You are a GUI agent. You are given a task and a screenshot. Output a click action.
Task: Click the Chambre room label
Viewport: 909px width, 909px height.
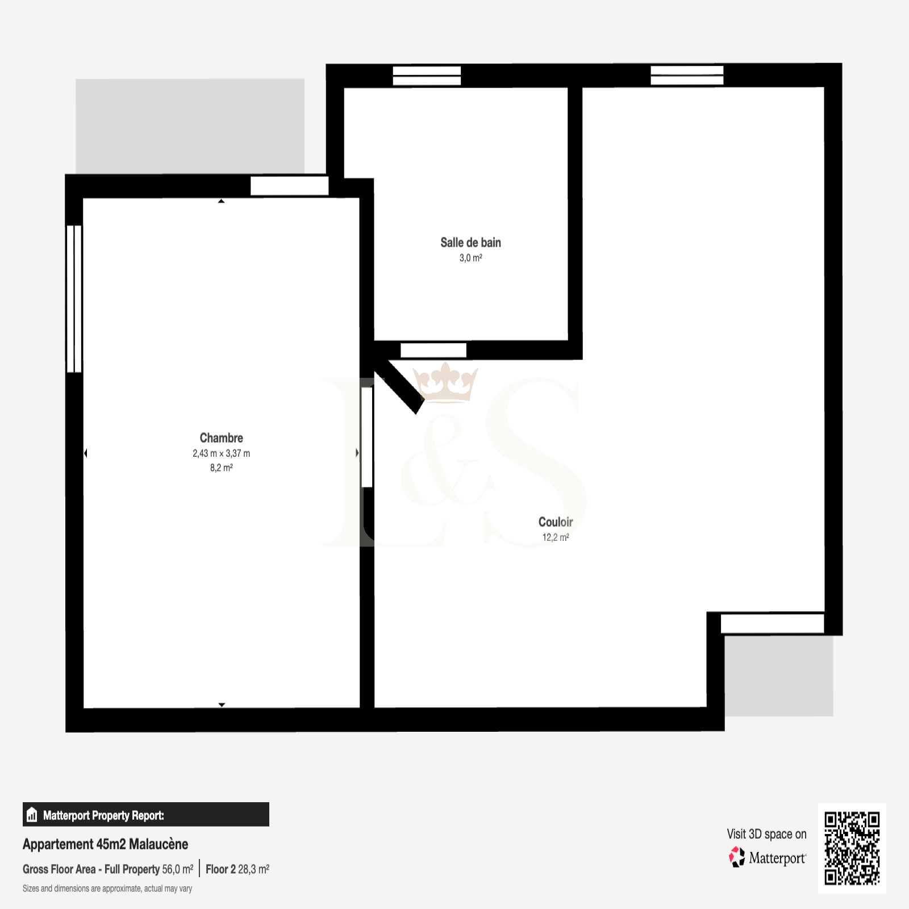tap(221, 438)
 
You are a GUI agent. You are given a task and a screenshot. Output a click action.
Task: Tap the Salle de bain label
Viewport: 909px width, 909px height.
tap(470, 243)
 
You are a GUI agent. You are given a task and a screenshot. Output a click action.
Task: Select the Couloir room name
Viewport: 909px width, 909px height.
tap(556, 522)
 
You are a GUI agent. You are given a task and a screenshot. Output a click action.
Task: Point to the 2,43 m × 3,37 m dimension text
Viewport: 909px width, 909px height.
tap(221, 453)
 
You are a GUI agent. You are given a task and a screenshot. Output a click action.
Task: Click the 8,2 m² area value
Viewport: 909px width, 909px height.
tap(222, 468)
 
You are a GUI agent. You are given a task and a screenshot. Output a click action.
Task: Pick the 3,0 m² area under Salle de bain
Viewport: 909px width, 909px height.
tap(471, 258)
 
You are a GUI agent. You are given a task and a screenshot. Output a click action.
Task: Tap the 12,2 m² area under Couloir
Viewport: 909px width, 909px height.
tap(556, 537)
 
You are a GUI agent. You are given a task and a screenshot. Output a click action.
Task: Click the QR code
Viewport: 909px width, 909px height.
tap(852, 848)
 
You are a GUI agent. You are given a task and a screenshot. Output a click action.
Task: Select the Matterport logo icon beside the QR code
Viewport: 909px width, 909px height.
tap(737, 857)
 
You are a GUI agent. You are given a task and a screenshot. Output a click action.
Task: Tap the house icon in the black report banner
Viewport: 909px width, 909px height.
tap(32, 815)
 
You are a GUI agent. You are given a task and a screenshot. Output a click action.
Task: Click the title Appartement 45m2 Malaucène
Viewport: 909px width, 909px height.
tap(105, 844)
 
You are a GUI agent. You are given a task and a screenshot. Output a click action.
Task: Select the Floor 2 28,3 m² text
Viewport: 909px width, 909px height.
tap(237, 869)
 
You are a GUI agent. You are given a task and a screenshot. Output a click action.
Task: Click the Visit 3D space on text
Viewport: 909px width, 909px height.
tap(766, 834)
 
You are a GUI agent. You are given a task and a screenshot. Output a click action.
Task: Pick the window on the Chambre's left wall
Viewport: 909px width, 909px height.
tap(74, 299)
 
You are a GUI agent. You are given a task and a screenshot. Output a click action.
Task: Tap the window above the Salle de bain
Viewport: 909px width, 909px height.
tap(427, 76)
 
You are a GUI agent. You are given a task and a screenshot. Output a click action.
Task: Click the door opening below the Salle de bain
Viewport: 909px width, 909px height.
tap(433, 351)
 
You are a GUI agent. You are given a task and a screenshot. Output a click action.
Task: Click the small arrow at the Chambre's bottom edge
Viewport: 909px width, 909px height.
tap(222, 704)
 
